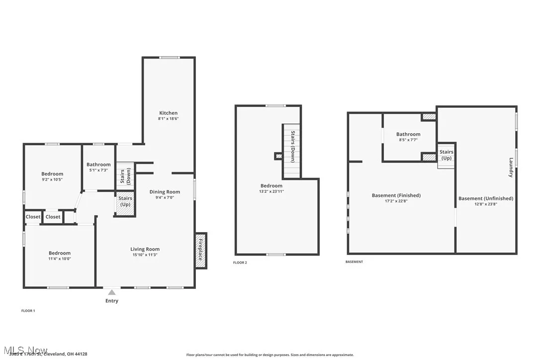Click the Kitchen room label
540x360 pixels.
point(168,113)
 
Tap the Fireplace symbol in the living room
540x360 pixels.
point(201,251)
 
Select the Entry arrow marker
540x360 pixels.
point(112,292)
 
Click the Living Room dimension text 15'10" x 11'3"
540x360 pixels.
point(145,255)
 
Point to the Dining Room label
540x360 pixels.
point(165,191)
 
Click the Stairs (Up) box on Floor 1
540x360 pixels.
point(125,204)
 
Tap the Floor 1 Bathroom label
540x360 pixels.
point(98,165)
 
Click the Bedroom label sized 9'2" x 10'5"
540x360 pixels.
point(52,174)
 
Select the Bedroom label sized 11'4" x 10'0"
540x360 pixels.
point(59,253)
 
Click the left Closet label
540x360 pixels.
point(33,217)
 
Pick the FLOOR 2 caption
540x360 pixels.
point(240,263)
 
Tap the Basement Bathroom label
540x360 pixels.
point(408,134)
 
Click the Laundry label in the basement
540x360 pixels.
point(511,167)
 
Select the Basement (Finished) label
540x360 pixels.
point(396,195)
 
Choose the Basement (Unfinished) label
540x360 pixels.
point(485,198)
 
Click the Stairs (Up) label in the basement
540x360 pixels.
point(446,155)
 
